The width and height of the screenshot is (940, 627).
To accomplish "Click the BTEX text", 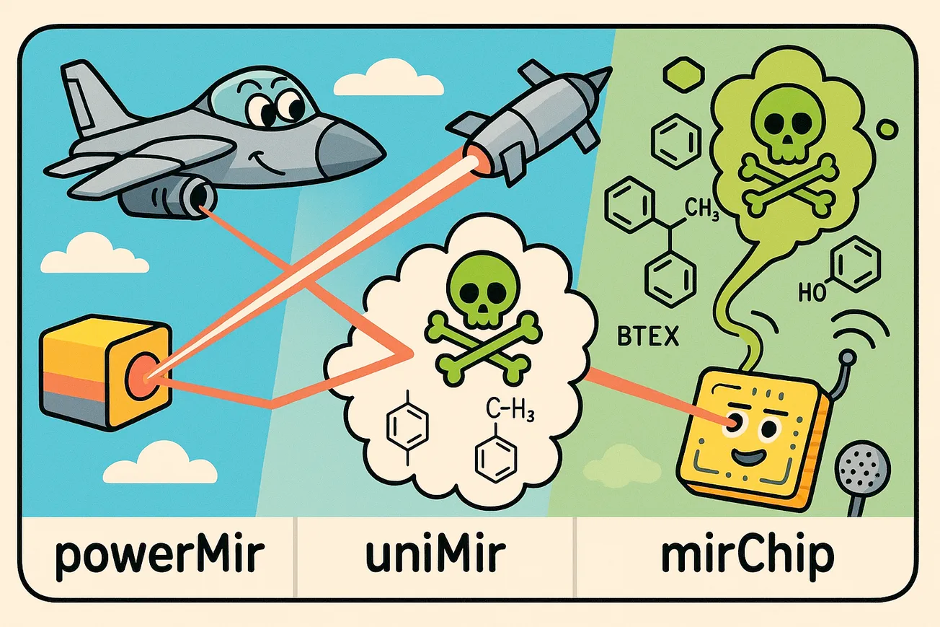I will click(x=648, y=337).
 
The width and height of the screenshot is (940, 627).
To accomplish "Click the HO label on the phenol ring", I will click(x=812, y=292).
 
